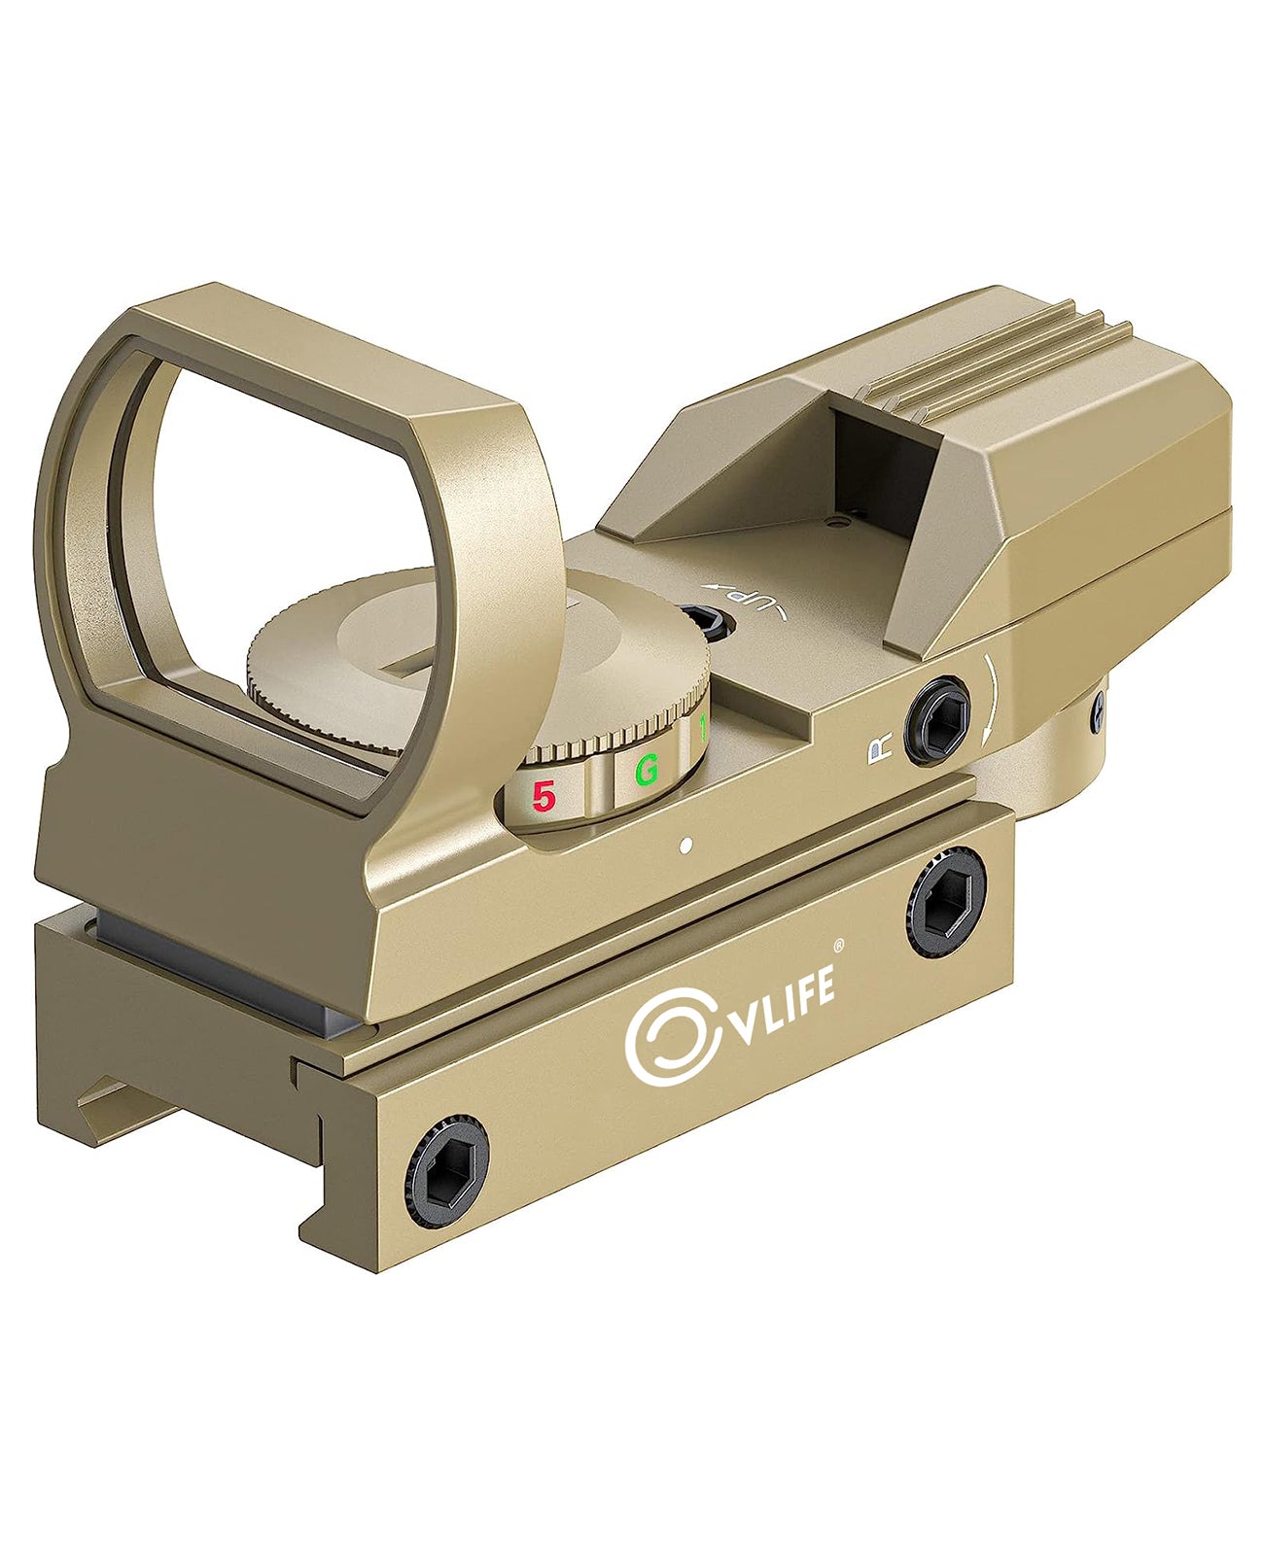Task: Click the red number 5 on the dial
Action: point(544,796)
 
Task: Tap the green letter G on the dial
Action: point(647,768)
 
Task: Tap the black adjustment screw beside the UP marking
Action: point(702,622)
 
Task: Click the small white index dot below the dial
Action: point(685,847)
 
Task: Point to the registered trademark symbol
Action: point(839,944)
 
